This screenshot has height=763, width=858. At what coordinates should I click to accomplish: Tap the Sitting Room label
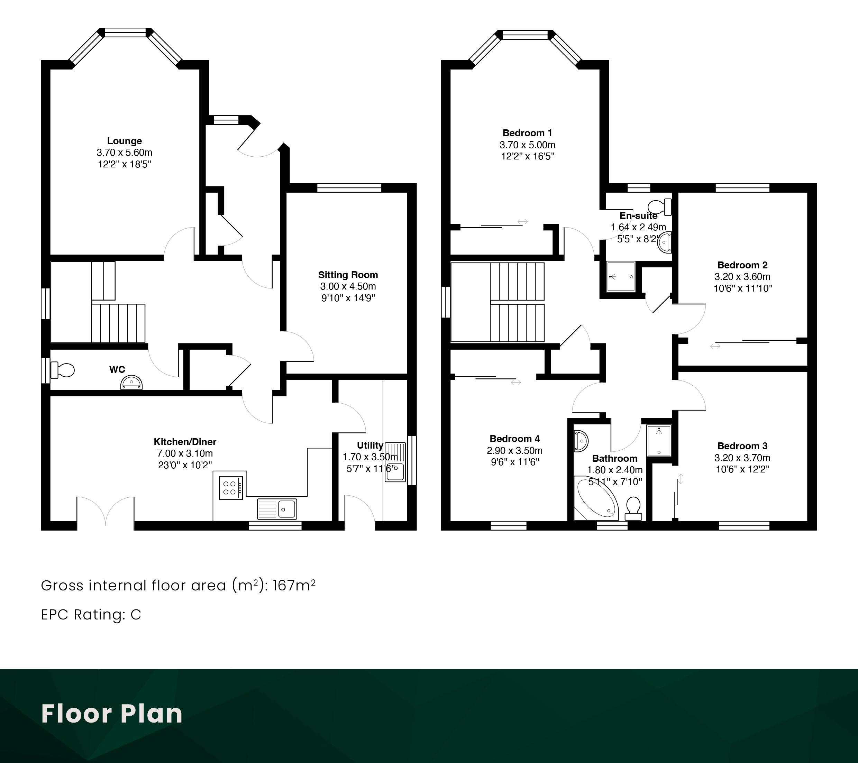tap(348, 275)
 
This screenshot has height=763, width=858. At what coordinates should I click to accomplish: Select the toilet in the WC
tap(62, 370)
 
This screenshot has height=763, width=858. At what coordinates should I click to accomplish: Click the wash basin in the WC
tap(132, 383)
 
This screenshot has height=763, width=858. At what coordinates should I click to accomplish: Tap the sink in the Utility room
tap(395, 462)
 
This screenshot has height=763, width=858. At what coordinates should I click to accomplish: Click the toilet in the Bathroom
tap(633, 508)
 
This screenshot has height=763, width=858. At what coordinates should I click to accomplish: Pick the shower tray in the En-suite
tap(621, 277)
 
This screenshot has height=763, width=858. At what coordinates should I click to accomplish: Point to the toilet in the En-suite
tap(660, 207)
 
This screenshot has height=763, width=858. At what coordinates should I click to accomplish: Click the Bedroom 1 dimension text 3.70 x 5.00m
tap(527, 145)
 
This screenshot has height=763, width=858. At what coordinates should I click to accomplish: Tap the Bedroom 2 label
tap(742, 265)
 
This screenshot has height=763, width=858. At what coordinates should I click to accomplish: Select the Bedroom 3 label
tap(742, 446)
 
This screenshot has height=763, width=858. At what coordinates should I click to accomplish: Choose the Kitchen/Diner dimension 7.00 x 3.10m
tap(185, 453)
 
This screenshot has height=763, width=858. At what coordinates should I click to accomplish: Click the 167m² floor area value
tap(294, 585)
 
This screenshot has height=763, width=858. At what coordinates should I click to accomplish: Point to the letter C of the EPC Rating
tap(136, 614)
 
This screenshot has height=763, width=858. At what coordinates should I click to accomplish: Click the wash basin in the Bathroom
tap(581, 441)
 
